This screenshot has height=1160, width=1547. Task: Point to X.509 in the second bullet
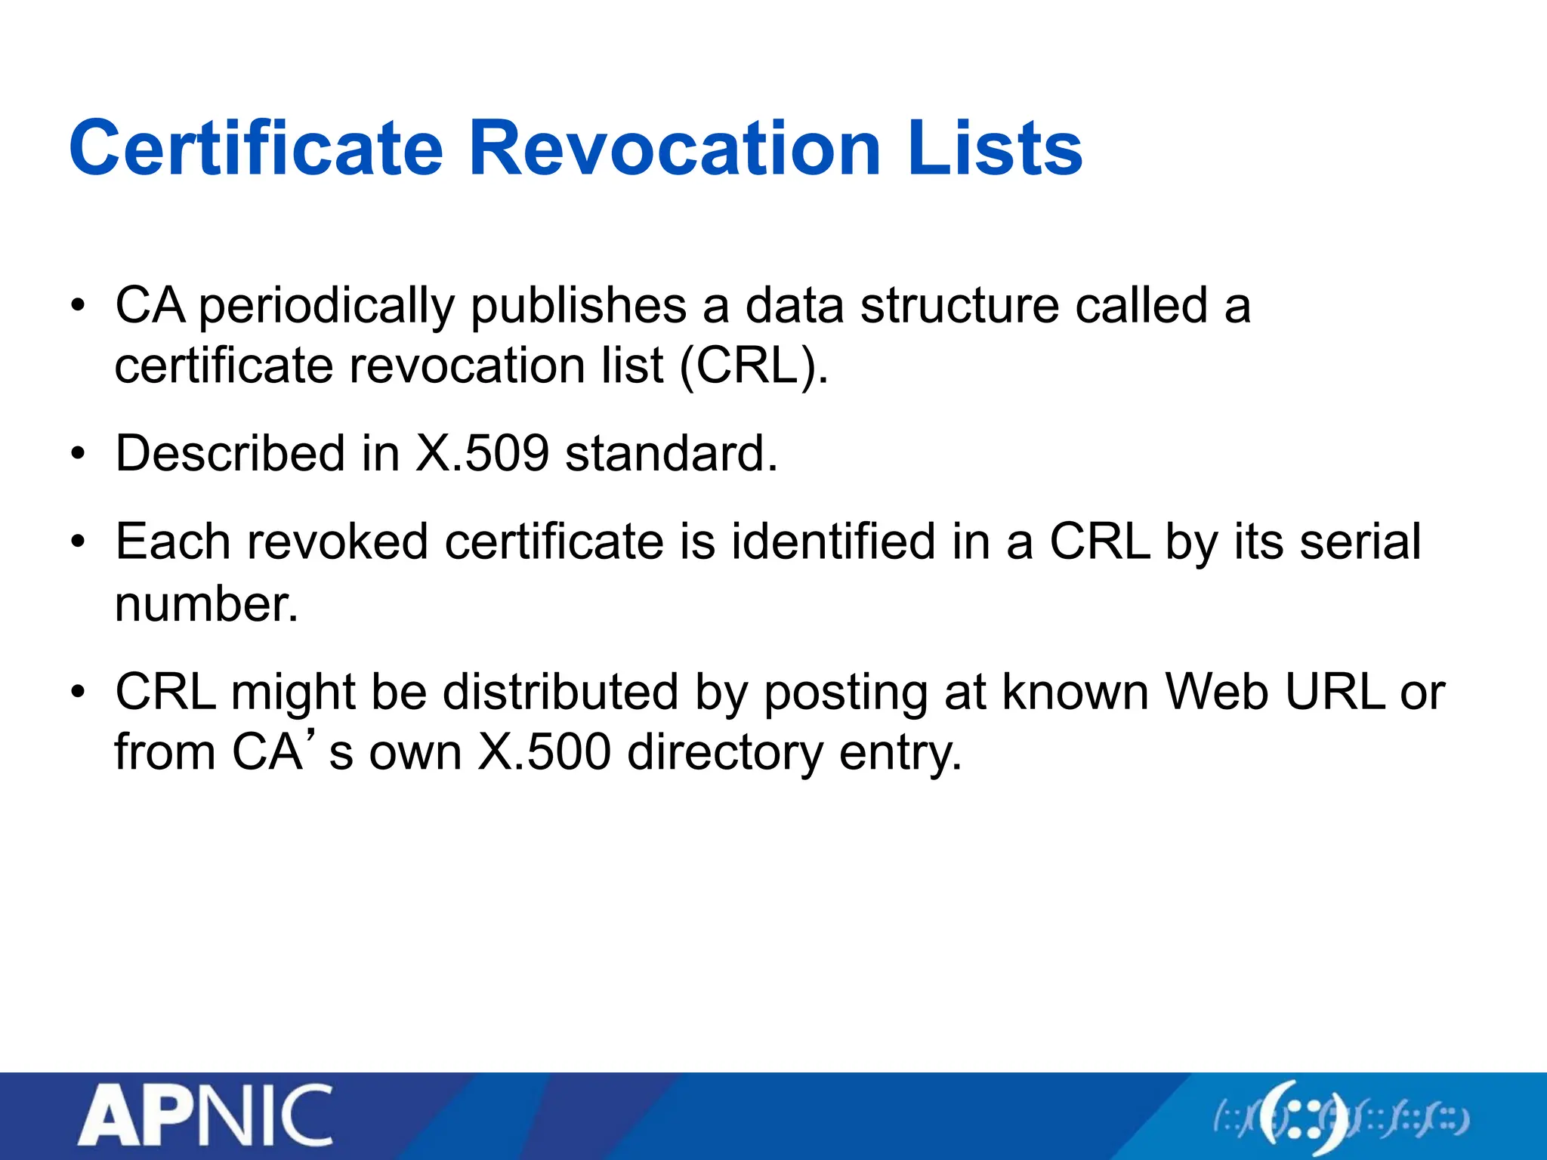[482, 454]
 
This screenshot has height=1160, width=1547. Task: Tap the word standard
[671, 454]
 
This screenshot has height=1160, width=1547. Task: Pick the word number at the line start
[205, 604]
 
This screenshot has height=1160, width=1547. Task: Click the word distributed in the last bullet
[560, 692]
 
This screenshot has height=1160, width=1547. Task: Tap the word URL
[1335, 692]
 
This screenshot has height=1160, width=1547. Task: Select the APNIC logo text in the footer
[205, 1116]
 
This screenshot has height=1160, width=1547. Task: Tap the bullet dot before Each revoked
[78, 543]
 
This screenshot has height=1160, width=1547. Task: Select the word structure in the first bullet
[959, 307]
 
